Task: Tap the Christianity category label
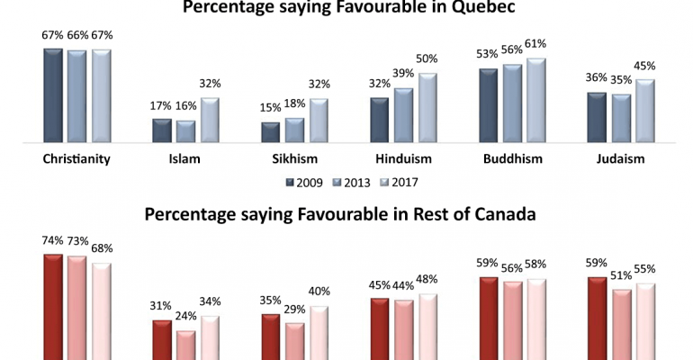click(x=76, y=159)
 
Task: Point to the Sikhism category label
click(x=293, y=159)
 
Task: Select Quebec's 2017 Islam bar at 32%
click(x=210, y=121)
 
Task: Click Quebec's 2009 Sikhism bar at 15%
click(x=270, y=133)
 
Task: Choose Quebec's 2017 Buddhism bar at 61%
click(x=536, y=101)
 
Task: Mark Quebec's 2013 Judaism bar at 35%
click(x=619, y=118)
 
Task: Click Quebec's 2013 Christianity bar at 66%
click(x=76, y=96)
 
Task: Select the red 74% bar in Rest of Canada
click(x=54, y=306)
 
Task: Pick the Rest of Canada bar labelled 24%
click(x=185, y=345)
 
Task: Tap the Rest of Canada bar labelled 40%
click(x=319, y=333)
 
